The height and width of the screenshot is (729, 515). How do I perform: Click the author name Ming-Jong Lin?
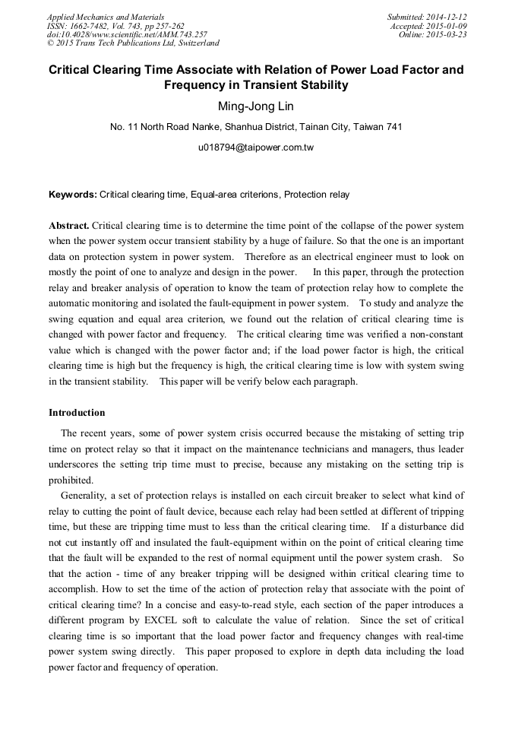(256, 106)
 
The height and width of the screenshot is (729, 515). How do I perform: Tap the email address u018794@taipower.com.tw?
(256, 147)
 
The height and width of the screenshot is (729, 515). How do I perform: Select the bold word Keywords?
(73, 195)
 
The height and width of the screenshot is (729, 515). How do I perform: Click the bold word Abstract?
(69, 227)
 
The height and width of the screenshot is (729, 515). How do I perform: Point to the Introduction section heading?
(77, 413)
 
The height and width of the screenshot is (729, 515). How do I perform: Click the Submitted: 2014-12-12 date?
(427, 17)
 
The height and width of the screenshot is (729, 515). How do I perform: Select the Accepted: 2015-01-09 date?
(428, 26)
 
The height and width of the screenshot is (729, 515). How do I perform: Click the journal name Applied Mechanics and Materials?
(106, 17)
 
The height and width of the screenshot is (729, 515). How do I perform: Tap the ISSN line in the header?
(115, 26)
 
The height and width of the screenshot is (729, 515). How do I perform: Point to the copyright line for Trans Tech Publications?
(133, 43)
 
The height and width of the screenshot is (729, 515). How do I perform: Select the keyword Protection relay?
(317, 195)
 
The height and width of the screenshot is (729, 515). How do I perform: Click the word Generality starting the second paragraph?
(84, 495)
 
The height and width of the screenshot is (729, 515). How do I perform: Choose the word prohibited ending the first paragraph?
(71, 480)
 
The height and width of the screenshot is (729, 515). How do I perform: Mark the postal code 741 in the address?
(394, 127)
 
